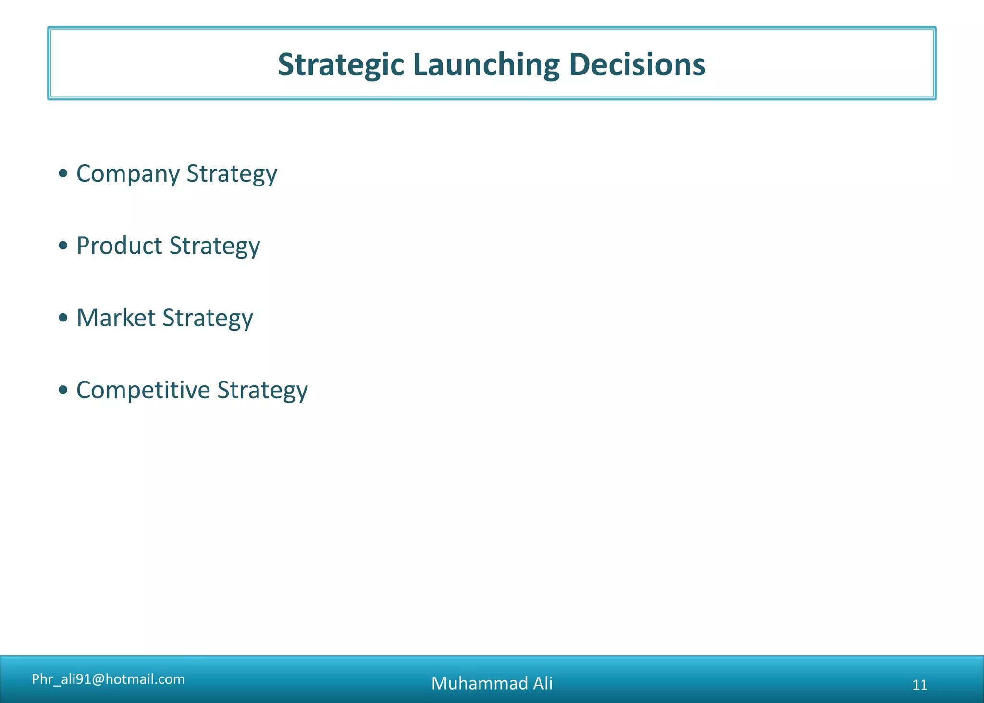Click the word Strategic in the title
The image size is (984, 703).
[340, 65]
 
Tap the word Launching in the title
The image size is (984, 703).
[486, 65]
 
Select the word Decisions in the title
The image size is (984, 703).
[637, 65]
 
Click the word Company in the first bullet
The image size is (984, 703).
[128, 174]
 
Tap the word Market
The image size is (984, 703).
[116, 318]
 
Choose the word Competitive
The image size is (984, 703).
[143, 390]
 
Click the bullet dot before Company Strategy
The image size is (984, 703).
[63, 173]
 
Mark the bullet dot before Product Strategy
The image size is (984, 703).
[63, 246]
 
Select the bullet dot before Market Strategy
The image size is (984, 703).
[63, 318]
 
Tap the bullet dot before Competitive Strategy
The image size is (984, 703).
[63, 390]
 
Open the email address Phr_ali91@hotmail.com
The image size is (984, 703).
[108, 679]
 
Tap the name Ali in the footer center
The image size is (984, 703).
[542, 683]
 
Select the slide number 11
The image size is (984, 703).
[920, 685]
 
